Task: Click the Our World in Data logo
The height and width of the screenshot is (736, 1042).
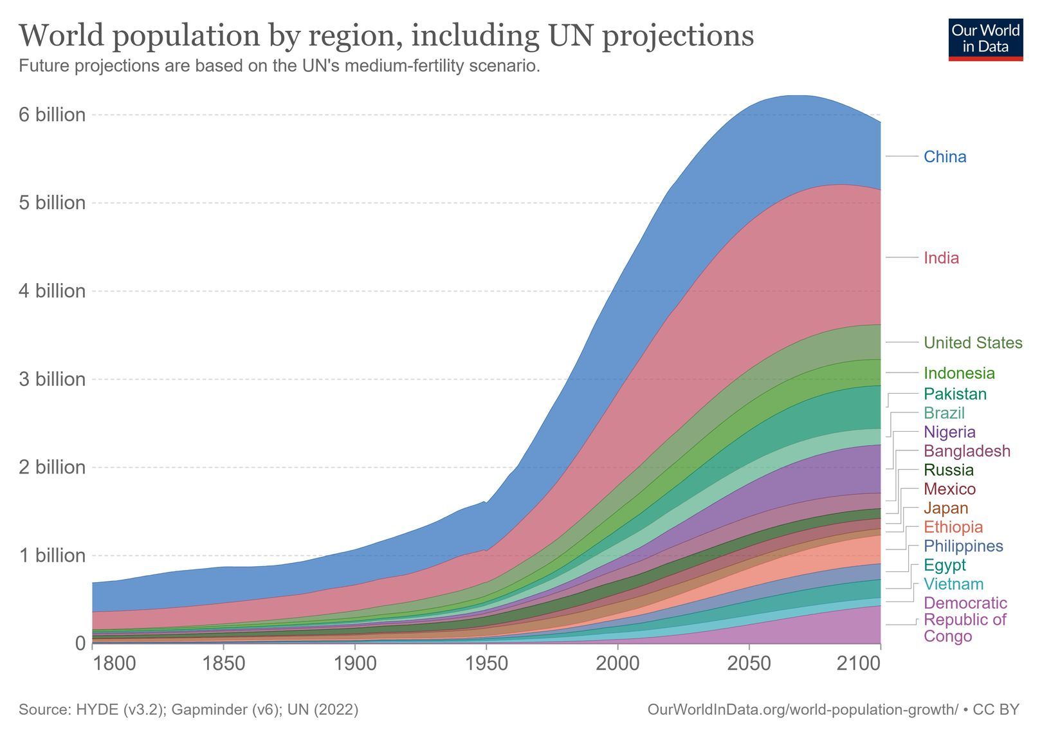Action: pyautogui.click(x=985, y=39)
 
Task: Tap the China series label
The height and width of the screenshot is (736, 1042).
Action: pyautogui.click(x=945, y=157)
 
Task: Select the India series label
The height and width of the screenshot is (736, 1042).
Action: pyautogui.click(x=941, y=258)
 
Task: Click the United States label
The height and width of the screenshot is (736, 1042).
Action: pyautogui.click(x=973, y=343)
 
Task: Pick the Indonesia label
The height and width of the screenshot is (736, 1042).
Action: pyautogui.click(x=959, y=373)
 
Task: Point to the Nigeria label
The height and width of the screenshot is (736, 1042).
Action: pyautogui.click(x=949, y=432)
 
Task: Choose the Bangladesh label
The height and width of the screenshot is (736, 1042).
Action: pyautogui.click(x=967, y=451)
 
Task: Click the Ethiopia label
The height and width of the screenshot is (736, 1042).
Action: pyautogui.click(x=953, y=527)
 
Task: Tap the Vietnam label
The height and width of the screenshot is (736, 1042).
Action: pyautogui.click(x=954, y=584)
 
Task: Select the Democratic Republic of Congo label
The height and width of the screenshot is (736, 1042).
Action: pyautogui.click(x=965, y=620)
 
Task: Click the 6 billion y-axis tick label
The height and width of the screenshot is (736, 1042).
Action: pyautogui.click(x=52, y=115)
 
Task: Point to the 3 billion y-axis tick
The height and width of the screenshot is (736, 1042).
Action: pyautogui.click(x=52, y=380)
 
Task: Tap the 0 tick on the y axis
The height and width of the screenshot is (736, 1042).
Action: pyautogui.click(x=80, y=643)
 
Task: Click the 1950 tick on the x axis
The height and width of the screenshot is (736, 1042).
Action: pyautogui.click(x=486, y=664)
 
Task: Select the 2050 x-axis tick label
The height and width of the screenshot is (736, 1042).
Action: pyautogui.click(x=749, y=664)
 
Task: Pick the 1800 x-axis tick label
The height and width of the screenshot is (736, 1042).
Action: pyautogui.click(x=114, y=664)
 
